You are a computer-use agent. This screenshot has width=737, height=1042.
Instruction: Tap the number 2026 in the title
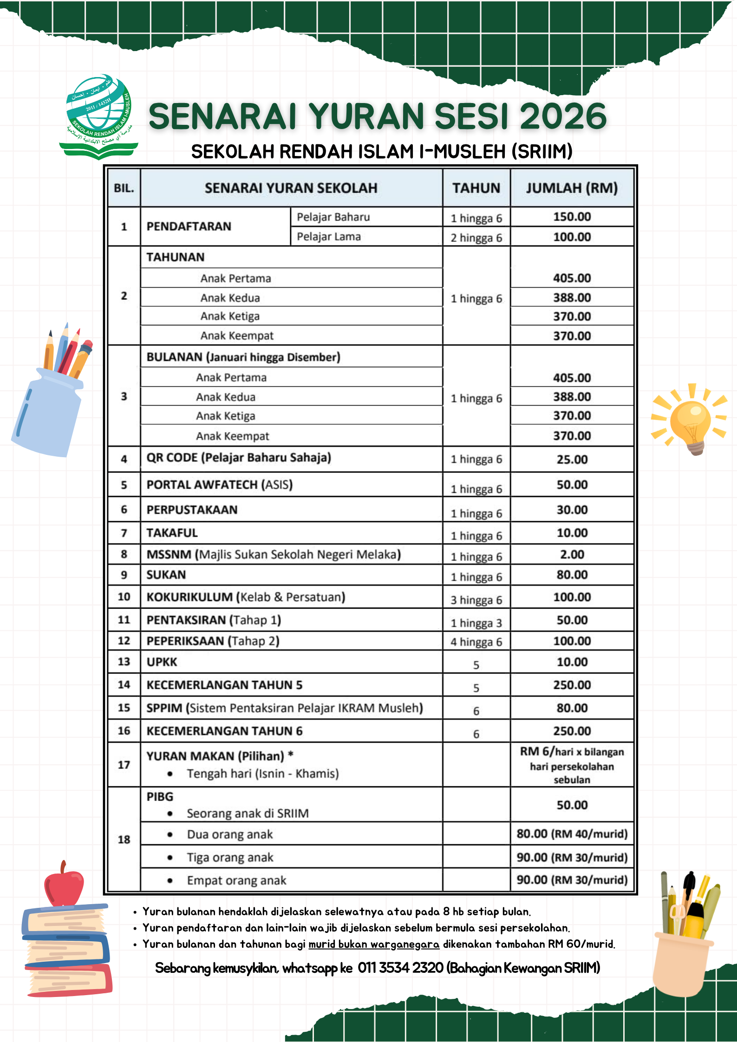coord(563,116)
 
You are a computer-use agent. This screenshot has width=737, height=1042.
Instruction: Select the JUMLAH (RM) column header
coord(572,188)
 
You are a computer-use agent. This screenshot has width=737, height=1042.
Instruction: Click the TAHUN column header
coord(476,188)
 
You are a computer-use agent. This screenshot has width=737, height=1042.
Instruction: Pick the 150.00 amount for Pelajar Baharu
coord(572,217)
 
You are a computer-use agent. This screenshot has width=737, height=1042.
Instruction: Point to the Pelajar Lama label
coord(329,237)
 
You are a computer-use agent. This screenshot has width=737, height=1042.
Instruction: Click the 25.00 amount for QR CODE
coord(572,460)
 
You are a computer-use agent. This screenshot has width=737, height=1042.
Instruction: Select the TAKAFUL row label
coord(172,533)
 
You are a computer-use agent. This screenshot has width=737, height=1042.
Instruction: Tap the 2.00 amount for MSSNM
coord(572,554)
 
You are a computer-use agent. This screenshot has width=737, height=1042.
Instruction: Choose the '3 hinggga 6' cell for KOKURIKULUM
coord(476,600)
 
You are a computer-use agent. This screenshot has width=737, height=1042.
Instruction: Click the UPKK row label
coord(162,662)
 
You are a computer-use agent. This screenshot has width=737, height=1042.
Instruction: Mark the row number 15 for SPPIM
coord(124,708)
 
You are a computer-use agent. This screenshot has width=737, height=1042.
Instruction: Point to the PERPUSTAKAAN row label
coord(192,510)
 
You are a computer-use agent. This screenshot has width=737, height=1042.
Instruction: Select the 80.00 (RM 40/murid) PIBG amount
coord(572,834)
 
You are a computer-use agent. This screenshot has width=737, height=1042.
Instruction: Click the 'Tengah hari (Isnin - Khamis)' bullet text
coord(263,774)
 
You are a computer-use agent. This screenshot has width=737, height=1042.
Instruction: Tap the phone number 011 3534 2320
coord(400,968)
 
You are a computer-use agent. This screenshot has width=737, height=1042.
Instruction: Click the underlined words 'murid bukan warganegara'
coord(374,944)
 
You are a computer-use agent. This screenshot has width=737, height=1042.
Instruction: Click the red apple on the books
coord(64,885)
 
